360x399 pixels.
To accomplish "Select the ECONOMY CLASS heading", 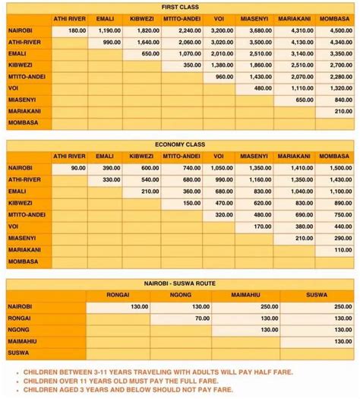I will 180,144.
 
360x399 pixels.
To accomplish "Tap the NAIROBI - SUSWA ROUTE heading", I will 180,283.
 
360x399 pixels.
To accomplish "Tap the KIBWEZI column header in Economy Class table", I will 141,156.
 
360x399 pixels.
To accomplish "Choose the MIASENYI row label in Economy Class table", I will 22,238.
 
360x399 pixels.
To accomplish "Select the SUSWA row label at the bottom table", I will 18,353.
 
